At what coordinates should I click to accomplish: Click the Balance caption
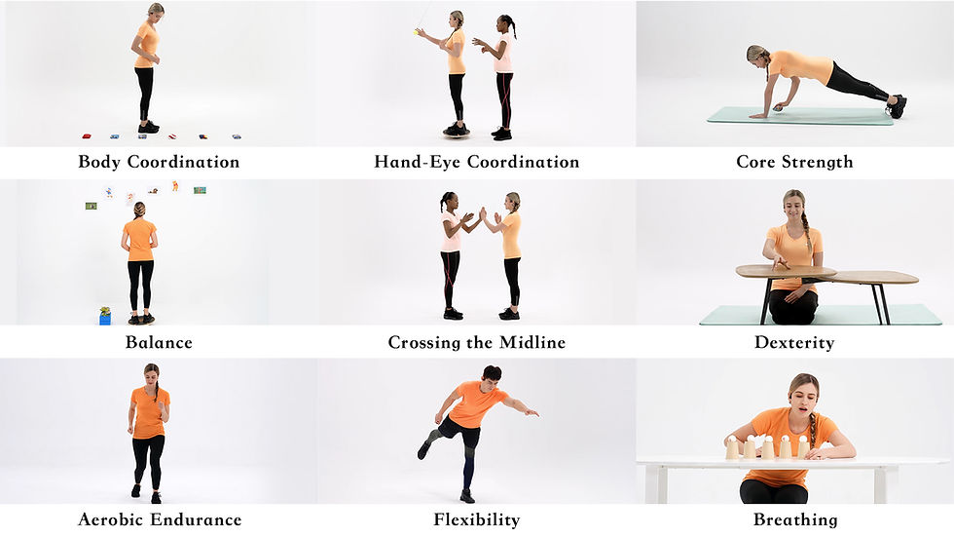coord(159,342)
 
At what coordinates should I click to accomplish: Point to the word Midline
coord(532,342)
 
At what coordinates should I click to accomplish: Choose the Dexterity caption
coord(794,343)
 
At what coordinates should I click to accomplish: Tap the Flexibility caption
coord(476,520)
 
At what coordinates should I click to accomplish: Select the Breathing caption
coord(795,520)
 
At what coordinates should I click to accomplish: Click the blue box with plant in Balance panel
coord(105,316)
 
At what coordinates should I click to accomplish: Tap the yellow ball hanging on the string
coord(417,31)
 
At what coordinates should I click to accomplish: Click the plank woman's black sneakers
coord(897,105)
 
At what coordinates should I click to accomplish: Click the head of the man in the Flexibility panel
coord(491,375)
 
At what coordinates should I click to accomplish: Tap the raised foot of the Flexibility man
coord(423,450)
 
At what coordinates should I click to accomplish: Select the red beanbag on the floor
coord(87,136)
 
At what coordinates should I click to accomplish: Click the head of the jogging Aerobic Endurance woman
coord(152,372)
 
